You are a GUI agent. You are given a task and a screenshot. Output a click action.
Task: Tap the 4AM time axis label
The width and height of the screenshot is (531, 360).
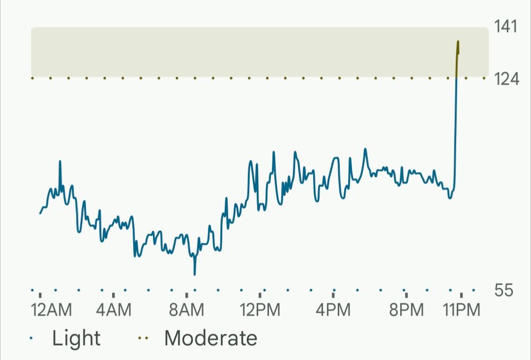point(114,310)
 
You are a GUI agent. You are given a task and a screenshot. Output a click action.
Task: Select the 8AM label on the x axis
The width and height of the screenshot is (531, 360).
point(186,310)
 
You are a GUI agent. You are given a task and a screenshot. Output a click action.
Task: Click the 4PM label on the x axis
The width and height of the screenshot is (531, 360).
point(333,310)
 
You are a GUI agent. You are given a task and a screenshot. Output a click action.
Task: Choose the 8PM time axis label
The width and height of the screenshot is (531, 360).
point(406,310)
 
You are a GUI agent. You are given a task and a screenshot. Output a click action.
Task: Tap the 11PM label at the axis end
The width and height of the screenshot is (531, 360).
point(462,310)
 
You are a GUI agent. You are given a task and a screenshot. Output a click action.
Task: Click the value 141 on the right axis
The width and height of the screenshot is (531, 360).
point(506,27)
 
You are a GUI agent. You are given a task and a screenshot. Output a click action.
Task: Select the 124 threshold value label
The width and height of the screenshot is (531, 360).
point(506,79)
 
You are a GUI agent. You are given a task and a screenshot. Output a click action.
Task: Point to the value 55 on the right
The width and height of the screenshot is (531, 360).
point(504,290)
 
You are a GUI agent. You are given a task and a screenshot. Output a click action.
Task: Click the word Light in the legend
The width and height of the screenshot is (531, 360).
point(76,338)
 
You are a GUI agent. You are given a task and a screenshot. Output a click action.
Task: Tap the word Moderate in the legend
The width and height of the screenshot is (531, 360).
point(211,338)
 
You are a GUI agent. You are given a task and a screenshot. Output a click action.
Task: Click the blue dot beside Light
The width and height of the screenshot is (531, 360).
point(32,338)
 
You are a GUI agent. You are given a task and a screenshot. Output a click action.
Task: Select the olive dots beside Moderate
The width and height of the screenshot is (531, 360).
point(143,338)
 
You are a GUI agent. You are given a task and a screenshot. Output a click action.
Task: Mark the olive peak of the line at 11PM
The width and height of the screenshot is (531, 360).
point(458,41)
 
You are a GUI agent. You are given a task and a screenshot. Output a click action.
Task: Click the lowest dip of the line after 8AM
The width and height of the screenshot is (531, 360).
point(195,274)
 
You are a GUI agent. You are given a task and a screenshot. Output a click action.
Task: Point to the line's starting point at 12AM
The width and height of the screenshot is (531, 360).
point(40,213)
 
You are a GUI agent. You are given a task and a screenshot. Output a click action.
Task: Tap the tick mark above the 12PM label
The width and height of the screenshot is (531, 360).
point(260,294)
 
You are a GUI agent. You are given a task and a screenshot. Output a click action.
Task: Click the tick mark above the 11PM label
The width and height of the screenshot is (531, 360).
point(461,294)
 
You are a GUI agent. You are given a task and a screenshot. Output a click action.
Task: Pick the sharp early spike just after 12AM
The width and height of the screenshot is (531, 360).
point(60,161)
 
